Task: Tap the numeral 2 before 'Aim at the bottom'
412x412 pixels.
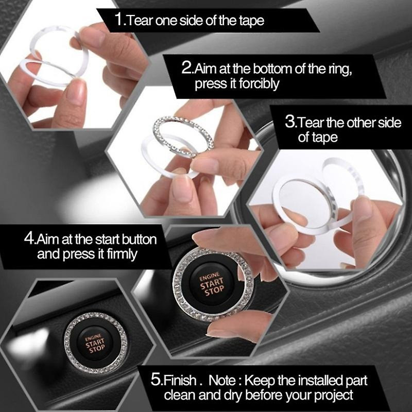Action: pyautogui.click(x=187, y=67)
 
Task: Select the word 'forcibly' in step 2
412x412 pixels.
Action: pyautogui.click(x=259, y=84)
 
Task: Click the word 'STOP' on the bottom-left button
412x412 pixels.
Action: pyautogui.click(x=97, y=349)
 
